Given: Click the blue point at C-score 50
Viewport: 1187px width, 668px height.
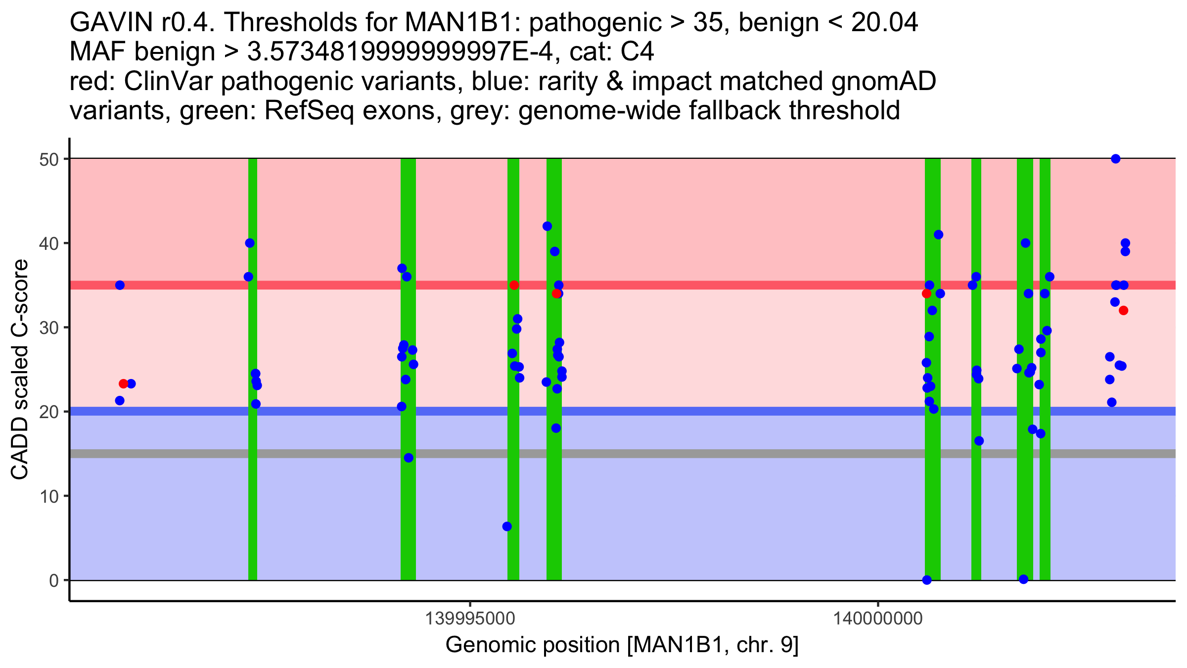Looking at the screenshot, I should (1115, 159).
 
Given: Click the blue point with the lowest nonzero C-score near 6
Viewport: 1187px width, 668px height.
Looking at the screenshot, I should (507, 526).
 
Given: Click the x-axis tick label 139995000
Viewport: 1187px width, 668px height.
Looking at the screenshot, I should (470, 619).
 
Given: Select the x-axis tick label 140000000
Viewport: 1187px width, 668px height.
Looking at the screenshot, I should (878, 619).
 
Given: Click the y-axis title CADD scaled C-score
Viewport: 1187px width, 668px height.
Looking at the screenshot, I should (20, 370).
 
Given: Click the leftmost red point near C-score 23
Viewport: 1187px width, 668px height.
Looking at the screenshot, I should (124, 383).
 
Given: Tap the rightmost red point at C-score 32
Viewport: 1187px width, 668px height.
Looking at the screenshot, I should (1123, 311).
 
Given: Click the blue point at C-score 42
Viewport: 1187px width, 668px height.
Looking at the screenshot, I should (547, 226).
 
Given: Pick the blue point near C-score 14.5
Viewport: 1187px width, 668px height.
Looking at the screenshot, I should (409, 458).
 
